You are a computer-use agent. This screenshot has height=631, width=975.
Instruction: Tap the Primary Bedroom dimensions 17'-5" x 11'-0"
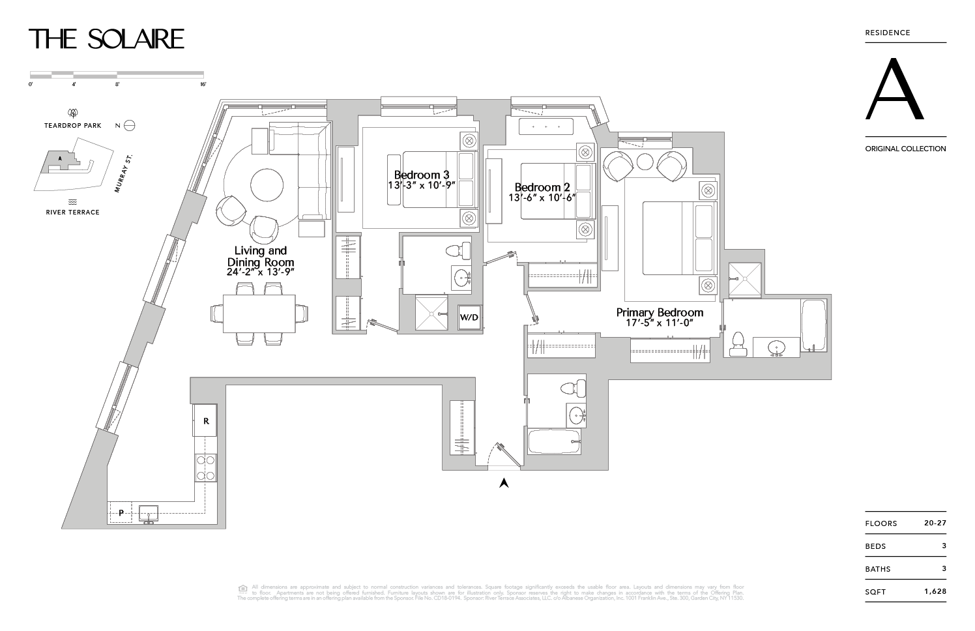pos(660,323)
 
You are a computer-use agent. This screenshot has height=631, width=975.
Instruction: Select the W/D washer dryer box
pos(469,317)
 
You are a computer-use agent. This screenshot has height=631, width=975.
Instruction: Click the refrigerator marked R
pos(206,421)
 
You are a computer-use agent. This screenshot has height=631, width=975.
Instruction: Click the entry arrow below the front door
pos(503,483)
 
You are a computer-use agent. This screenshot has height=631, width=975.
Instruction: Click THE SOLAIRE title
pos(107,39)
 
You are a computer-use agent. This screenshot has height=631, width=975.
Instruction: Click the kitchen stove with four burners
pos(206,467)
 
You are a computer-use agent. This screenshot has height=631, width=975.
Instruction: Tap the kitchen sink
pos(149,514)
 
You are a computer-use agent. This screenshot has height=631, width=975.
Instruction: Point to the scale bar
pos(117,74)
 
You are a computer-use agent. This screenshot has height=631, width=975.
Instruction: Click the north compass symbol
pos(129,125)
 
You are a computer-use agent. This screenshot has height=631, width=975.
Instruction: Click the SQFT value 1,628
pos(935,592)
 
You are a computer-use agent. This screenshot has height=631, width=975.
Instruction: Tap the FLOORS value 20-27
pos(935,523)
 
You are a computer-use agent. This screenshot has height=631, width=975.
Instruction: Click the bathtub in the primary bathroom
pos(813,325)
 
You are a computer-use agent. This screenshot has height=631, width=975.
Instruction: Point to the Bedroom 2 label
pos(542,187)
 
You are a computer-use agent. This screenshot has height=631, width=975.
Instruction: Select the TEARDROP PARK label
pos(73,125)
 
